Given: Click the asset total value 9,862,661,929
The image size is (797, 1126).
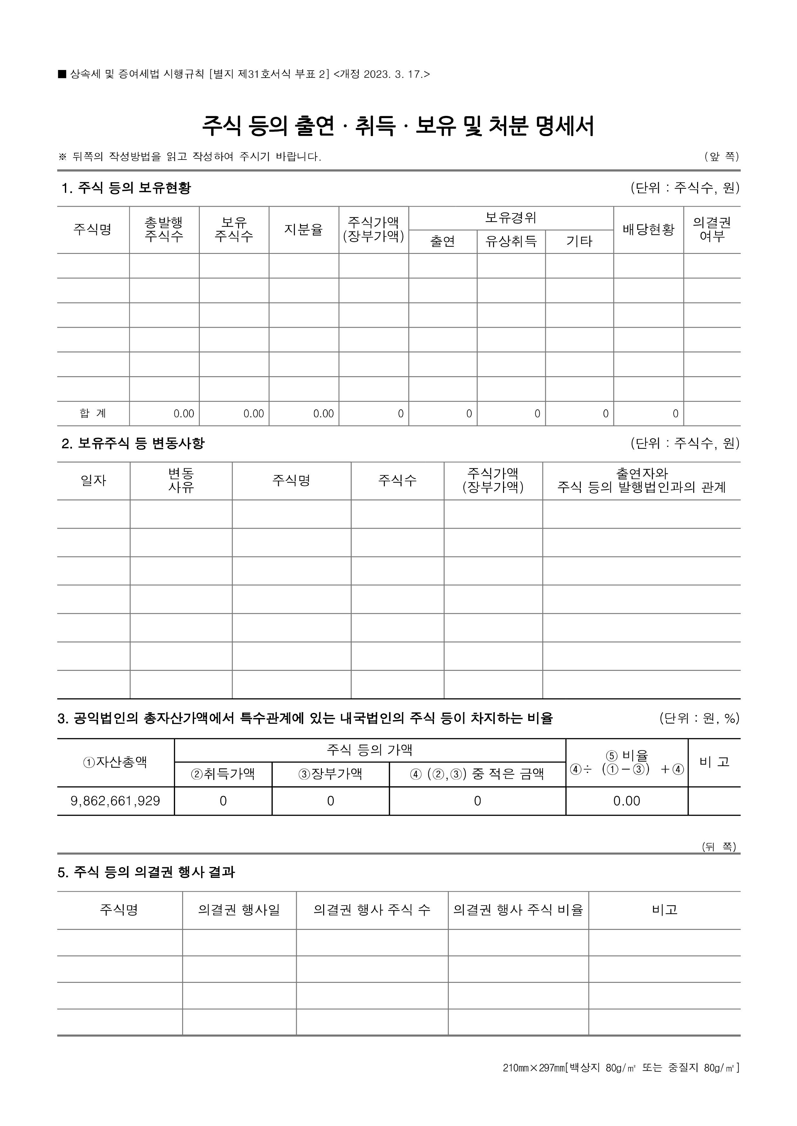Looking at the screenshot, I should (x=115, y=801).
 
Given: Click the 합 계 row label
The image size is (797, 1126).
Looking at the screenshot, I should (x=93, y=413).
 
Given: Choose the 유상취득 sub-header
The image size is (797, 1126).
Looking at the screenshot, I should (x=511, y=241).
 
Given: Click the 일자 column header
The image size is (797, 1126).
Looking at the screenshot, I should (x=93, y=481).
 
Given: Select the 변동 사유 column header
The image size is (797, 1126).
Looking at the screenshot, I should (x=181, y=481).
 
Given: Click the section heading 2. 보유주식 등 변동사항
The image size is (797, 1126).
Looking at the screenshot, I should (x=133, y=443).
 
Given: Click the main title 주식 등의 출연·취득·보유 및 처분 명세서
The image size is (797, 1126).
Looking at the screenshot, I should (x=398, y=126).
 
